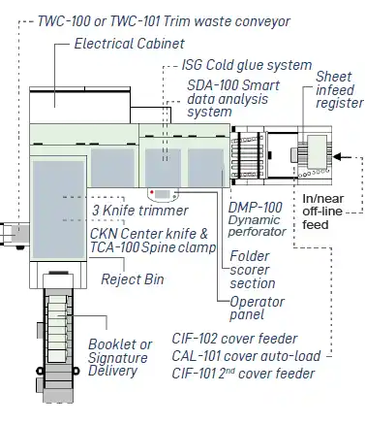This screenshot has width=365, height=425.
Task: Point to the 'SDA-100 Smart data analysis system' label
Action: point(226,98)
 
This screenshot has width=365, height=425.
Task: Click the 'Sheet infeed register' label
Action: point(339,89)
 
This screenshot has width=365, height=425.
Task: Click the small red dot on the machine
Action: point(151,192)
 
